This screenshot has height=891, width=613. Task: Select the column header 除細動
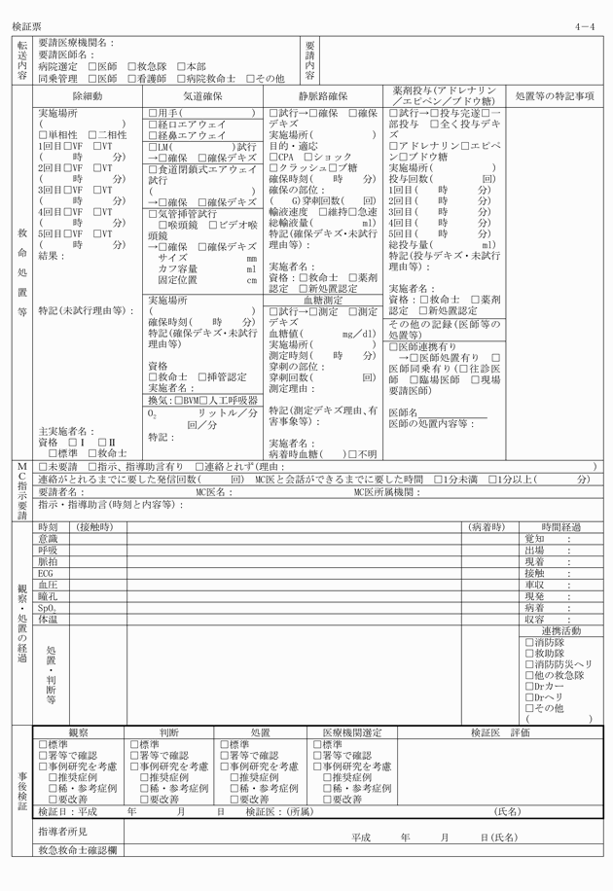tap(87, 97)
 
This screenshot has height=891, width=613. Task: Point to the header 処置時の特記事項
tap(553, 97)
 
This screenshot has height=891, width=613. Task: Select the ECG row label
tap(46, 574)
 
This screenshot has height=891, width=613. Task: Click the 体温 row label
tap(48, 619)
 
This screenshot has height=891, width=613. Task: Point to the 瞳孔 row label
tap(48, 596)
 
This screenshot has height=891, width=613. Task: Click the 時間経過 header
tap(561, 527)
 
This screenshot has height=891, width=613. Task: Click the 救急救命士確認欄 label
tap(78, 850)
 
